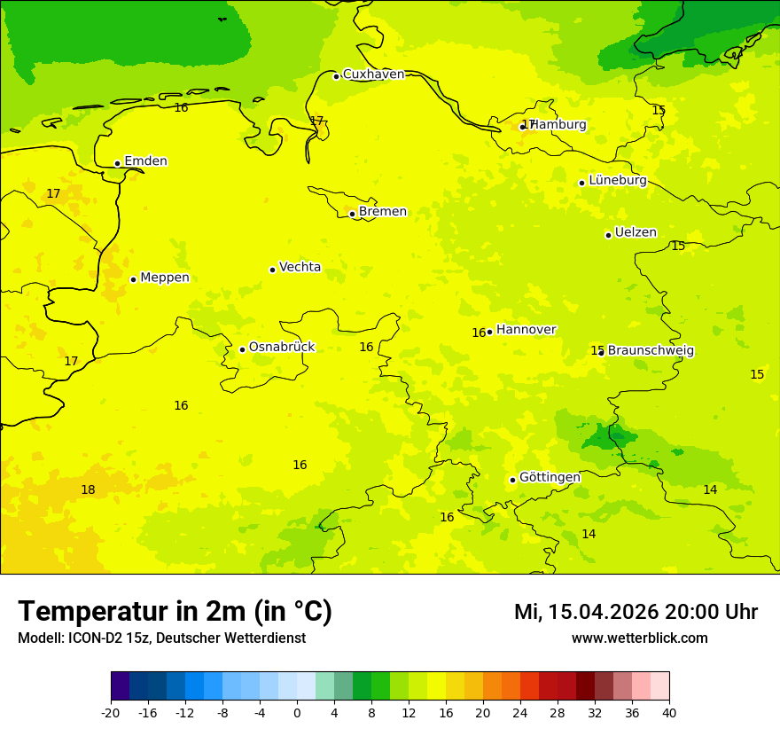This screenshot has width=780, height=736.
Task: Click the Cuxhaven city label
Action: (x=373, y=74)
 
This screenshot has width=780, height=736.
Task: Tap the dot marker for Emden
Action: (x=117, y=163)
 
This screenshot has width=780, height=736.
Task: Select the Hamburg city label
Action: (x=558, y=125)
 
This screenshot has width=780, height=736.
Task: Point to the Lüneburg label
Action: (x=617, y=180)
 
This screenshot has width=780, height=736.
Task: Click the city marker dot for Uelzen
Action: (x=608, y=235)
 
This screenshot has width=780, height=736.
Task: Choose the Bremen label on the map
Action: (x=382, y=212)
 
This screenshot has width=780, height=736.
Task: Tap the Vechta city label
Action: (x=300, y=267)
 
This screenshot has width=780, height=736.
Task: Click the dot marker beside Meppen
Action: (x=133, y=279)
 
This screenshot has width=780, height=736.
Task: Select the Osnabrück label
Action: (x=281, y=347)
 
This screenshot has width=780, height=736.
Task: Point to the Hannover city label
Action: (x=526, y=330)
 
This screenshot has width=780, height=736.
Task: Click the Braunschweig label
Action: (x=651, y=350)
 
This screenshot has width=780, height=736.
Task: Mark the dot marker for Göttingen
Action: (x=512, y=480)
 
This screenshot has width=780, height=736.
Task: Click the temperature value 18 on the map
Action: (x=88, y=489)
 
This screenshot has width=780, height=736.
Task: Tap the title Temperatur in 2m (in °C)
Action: (x=175, y=611)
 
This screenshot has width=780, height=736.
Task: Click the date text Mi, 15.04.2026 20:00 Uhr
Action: (x=636, y=612)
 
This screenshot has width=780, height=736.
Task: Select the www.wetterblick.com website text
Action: (x=639, y=638)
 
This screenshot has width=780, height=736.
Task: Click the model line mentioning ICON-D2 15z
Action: (x=161, y=638)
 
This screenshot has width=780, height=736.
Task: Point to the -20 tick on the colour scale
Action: (x=111, y=713)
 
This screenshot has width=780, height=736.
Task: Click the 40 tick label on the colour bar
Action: (x=669, y=713)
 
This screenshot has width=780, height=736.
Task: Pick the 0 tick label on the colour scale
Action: (x=297, y=713)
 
